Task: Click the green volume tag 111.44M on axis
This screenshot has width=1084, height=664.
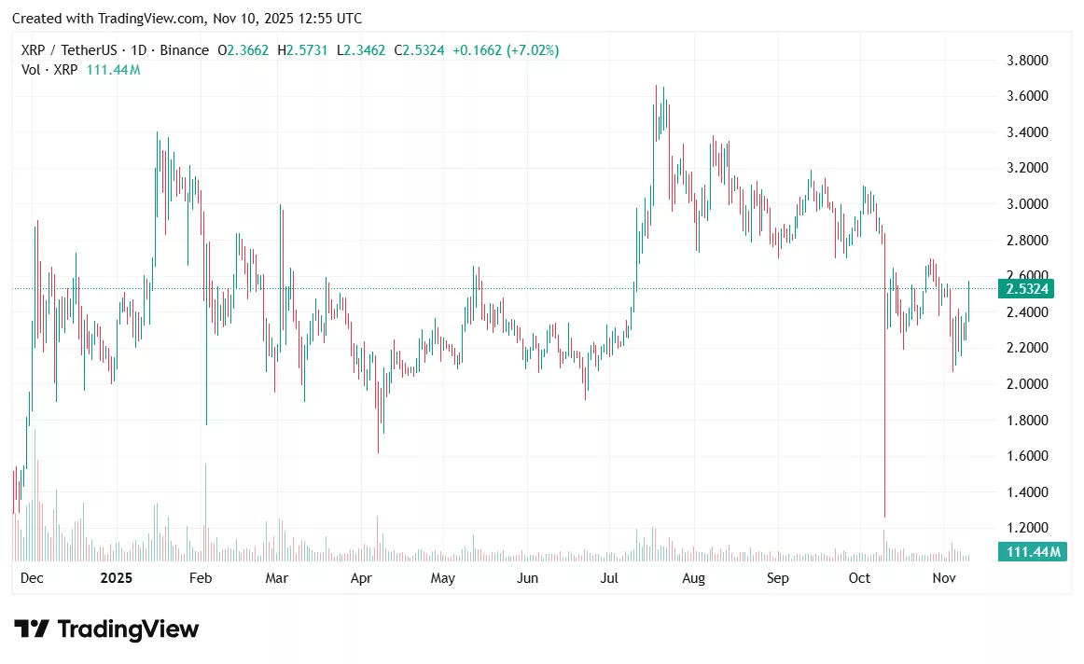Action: pyautogui.click(x=1030, y=552)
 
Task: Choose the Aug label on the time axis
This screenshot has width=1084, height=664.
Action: pyautogui.click(x=693, y=578)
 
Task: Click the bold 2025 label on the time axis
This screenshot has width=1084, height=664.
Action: pyautogui.click(x=116, y=578)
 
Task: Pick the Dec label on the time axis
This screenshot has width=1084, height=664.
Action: pyautogui.click(x=32, y=578)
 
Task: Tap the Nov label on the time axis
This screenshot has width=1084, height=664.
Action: pyautogui.click(x=945, y=578)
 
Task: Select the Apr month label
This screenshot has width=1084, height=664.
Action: pyautogui.click(x=361, y=578)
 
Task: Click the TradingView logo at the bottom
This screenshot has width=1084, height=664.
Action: pyautogui.click(x=106, y=629)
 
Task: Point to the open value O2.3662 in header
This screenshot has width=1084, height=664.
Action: pyautogui.click(x=243, y=50)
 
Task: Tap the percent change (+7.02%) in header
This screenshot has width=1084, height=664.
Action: pyautogui.click(x=532, y=50)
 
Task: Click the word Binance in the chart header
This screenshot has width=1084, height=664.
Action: pyautogui.click(x=185, y=50)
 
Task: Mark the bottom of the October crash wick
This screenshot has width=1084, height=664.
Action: pyautogui.click(x=883, y=517)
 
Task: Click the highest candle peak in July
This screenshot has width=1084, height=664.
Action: pyautogui.click(x=657, y=85)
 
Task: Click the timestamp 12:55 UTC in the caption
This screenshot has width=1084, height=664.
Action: pyautogui.click(x=325, y=19)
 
